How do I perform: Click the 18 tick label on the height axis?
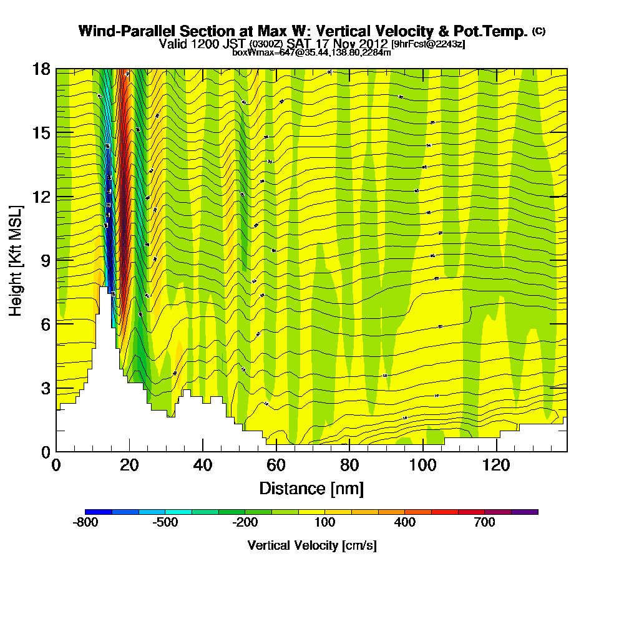41,69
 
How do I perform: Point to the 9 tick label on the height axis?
46,260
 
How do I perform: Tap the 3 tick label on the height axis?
46,388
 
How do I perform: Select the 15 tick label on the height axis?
41,133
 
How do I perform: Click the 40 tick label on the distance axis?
203,465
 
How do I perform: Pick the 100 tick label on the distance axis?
423,465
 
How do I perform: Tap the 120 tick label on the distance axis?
497,465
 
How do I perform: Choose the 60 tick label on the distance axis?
276,465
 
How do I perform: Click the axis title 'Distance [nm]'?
311,488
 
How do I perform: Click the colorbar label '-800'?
86,522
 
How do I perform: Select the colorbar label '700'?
485,522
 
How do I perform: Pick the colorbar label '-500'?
165,522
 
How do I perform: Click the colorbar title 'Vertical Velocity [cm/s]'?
312,545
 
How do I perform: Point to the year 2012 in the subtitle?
372,44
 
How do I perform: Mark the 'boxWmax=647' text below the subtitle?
256,52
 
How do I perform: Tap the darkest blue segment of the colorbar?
99,512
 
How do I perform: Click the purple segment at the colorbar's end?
525,512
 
